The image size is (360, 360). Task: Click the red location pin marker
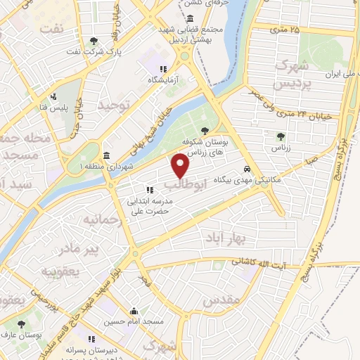point(181,165)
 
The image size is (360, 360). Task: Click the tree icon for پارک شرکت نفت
point(95,40)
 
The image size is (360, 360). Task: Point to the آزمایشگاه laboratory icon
point(163,69)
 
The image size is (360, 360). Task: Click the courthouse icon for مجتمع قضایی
point(191,18)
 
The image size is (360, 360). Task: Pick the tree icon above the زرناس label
point(281,136)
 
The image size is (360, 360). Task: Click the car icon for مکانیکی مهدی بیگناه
point(246,169)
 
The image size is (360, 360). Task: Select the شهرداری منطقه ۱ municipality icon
point(106,155)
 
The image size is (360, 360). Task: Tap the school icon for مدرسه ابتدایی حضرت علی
point(149,189)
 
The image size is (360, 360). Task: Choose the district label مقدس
point(221,301)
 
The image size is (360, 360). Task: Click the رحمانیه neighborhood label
point(103,220)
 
